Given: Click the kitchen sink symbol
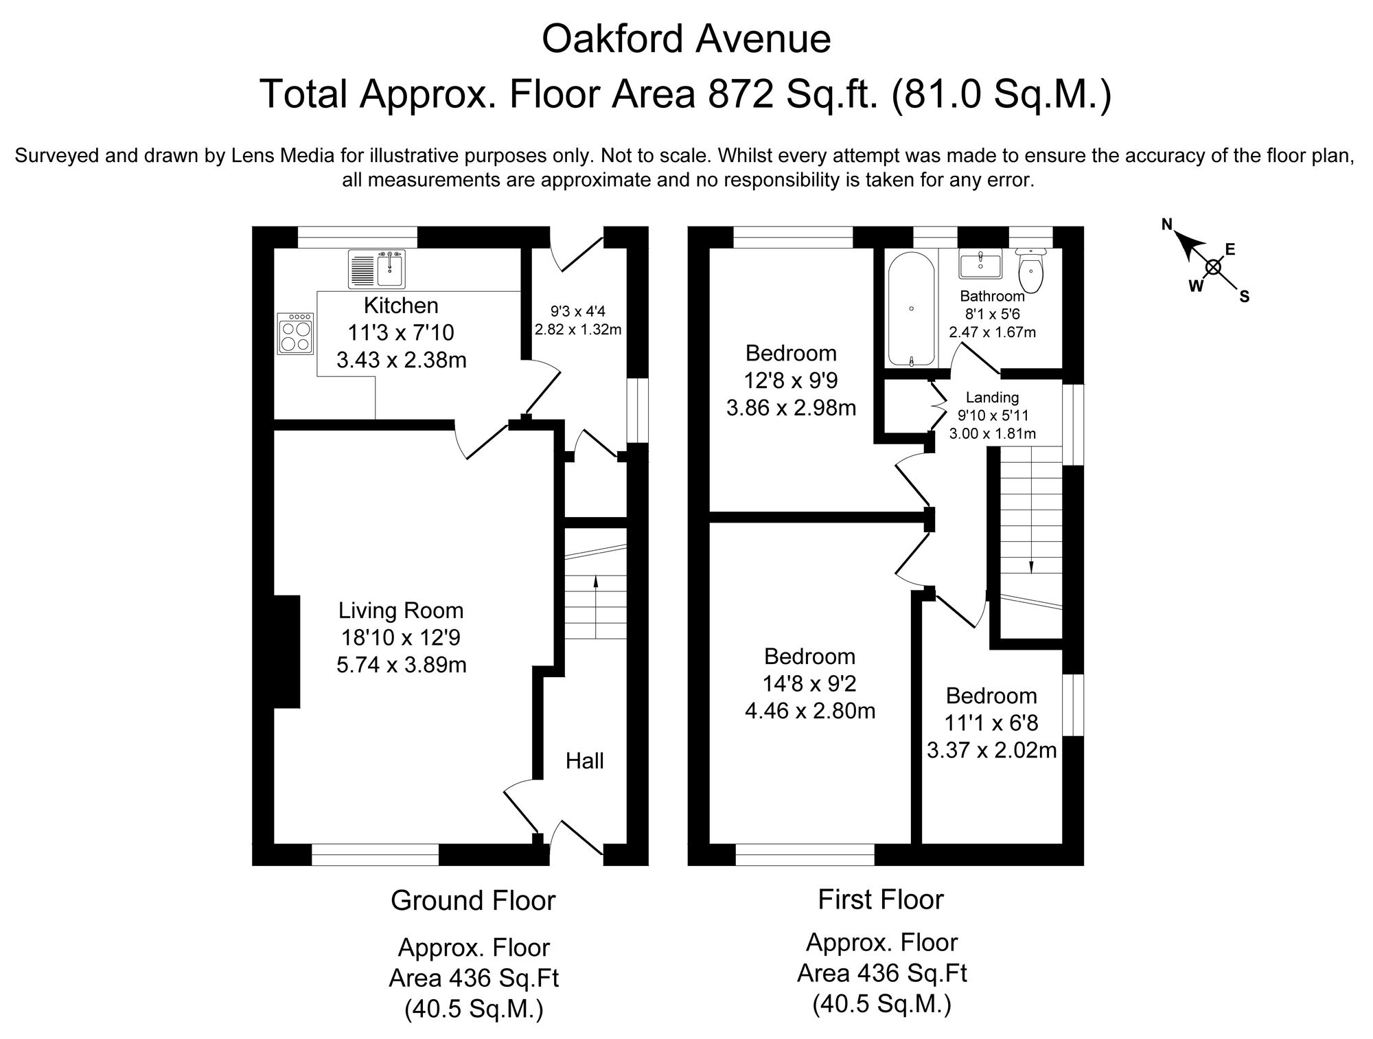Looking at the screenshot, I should point(378,269).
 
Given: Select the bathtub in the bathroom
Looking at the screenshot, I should point(911,309).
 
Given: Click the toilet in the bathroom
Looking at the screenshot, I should point(1032,271).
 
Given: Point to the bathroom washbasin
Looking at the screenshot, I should point(980,264).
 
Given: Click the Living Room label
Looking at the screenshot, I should point(401,610).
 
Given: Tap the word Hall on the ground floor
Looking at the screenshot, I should point(585,760).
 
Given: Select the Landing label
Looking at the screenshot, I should point(992,397).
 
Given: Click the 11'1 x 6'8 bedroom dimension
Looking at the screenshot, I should point(991,723).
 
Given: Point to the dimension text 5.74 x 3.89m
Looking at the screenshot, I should point(402,665).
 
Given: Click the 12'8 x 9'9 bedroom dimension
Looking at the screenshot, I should point(791,380).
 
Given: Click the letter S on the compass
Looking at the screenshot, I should point(1244,297).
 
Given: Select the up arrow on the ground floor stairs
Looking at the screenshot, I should point(595,582).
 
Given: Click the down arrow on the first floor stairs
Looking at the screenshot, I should point(1031,565).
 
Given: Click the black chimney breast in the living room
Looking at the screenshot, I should point(286,652).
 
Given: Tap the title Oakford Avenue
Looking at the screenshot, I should point(686,39).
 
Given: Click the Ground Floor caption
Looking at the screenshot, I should point(473,900).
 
